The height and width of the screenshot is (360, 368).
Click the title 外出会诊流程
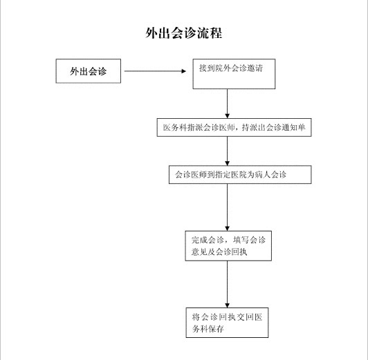[184, 33]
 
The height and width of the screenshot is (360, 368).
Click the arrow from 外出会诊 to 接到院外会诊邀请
[155, 71]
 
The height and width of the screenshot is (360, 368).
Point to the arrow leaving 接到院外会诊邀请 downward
[227, 104]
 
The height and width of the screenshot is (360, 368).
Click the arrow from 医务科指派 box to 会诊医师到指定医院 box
[227, 151]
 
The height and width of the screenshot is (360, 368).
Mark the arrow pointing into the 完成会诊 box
[227, 207]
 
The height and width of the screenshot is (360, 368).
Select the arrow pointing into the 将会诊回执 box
[227, 284]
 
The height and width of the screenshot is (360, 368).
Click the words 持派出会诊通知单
[274, 128]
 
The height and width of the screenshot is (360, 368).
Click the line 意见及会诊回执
[219, 252]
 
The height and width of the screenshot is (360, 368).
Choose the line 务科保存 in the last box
[208, 329]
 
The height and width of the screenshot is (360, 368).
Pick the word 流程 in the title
[210, 33]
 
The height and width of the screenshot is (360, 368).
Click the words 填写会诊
[249, 240]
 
